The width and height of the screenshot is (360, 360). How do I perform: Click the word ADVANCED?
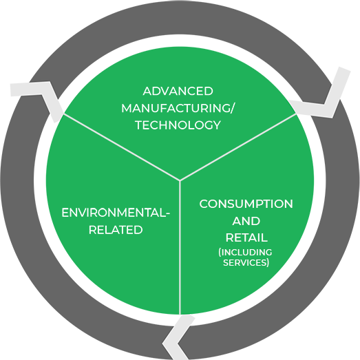[x=178, y=91]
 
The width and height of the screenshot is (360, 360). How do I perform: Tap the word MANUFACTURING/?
[x=177, y=108]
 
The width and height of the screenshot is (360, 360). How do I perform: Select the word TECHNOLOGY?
[x=178, y=125]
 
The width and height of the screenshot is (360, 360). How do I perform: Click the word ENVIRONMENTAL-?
[x=116, y=213]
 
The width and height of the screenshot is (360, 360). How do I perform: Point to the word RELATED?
[x=116, y=230]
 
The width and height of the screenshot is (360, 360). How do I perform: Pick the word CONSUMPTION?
[x=246, y=204]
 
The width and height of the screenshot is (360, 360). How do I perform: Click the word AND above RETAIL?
[x=246, y=221]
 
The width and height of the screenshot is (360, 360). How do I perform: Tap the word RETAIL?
[x=246, y=237]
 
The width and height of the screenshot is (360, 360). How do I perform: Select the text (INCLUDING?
[x=245, y=253]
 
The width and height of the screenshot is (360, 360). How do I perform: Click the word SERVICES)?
[x=246, y=262]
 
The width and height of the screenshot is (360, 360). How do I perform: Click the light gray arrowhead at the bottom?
[x=177, y=337]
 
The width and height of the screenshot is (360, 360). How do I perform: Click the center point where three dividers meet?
[x=180, y=181]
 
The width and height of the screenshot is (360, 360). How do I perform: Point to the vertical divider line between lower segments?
[x=180, y=248]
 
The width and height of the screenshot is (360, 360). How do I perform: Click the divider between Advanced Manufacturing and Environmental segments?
[x=122, y=147]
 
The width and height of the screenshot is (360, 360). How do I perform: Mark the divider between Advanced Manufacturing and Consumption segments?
[x=238, y=147]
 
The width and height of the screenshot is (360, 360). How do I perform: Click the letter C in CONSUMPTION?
[x=204, y=204]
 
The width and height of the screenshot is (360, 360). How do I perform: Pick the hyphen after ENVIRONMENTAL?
[x=168, y=214]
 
